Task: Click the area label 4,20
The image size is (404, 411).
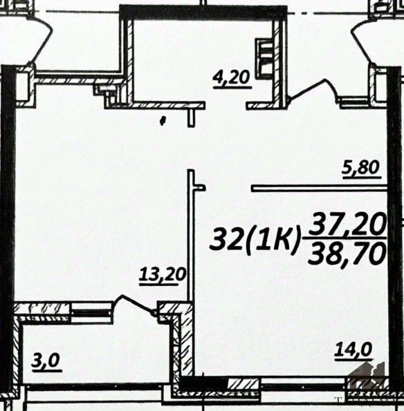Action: click(x=232, y=79)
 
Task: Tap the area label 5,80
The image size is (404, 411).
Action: click(x=362, y=169)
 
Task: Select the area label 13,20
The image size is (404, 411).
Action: click(x=163, y=276)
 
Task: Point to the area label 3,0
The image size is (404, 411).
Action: click(x=46, y=362)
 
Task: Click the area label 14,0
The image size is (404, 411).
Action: click(x=353, y=350)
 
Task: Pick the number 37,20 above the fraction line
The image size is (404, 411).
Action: click(x=348, y=225)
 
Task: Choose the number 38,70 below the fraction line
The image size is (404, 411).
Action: click(x=348, y=252)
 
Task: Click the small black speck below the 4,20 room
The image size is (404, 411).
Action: click(x=163, y=121)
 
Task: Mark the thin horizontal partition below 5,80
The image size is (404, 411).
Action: click(x=320, y=189)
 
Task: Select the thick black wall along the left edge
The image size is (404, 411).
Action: click(x=8, y=225)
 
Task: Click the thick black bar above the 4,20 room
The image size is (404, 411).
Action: click(x=203, y=12)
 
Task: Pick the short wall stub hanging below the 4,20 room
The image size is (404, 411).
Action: click(x=192, y=117)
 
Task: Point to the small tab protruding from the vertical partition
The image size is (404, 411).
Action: click(x=200, y=188)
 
